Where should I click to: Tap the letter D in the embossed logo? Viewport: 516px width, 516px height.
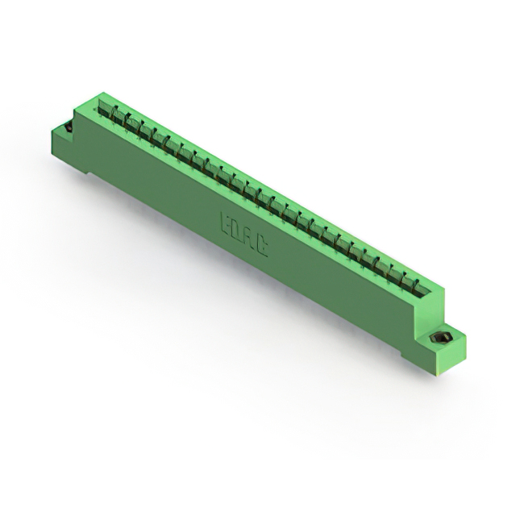coord(240,230)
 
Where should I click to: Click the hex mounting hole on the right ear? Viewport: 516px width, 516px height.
coord(443,336)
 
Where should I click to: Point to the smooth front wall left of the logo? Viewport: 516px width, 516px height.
coord(161,185)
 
